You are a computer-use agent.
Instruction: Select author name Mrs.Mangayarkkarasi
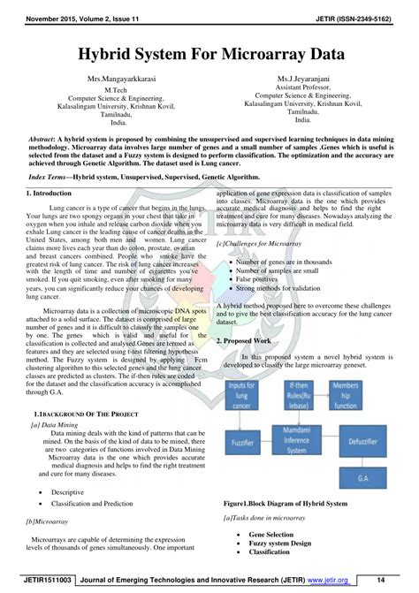(x=115, y=80)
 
